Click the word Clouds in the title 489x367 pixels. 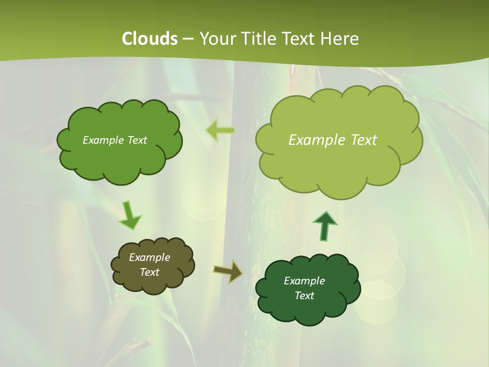pos(150,39)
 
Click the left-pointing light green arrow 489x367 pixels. pos(220,130)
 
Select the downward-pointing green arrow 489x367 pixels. pos(129,216)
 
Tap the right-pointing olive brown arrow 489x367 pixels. pos(228,271)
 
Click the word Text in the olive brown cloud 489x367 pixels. pos(150,272)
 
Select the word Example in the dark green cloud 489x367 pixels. pos(304,281)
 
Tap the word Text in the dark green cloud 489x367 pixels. pos(304,296)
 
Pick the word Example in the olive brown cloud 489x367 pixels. pos(150,257)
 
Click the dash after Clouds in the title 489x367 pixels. pos(187,39)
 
